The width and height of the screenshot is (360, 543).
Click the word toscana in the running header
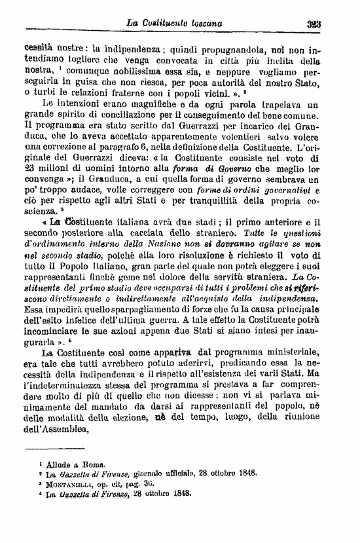(x=202, y=24)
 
